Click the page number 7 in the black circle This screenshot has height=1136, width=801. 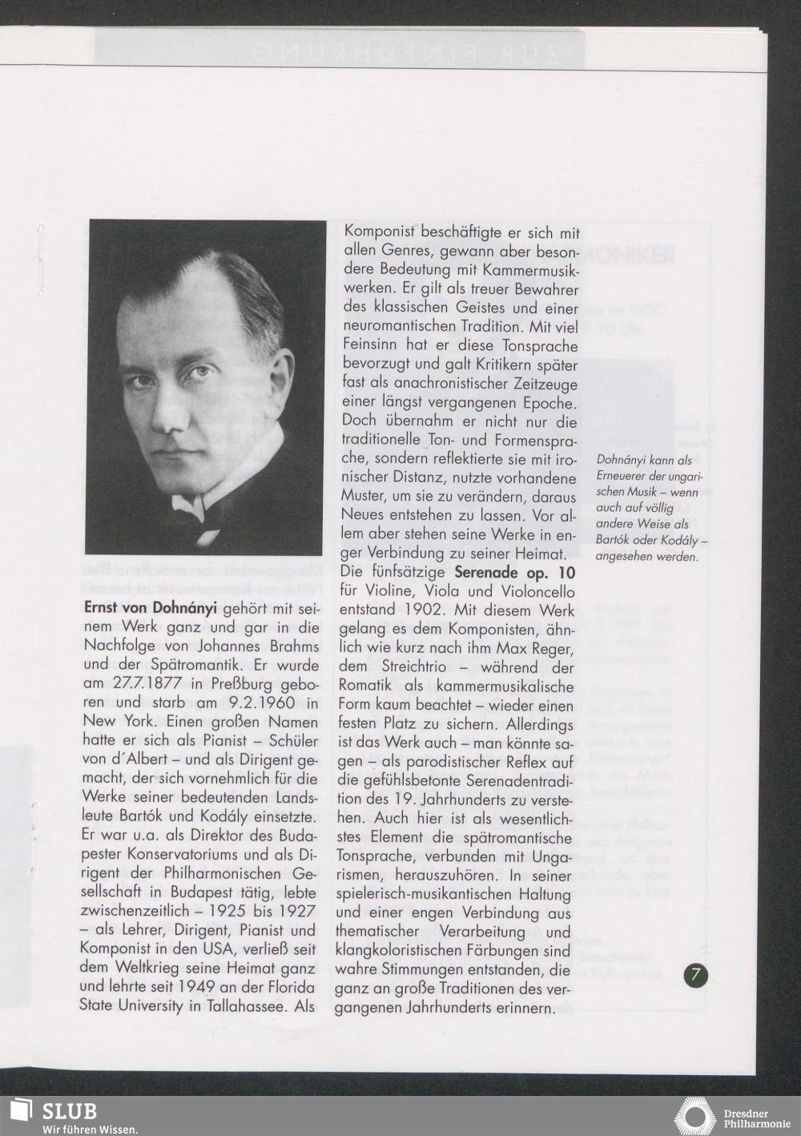coord(695,975)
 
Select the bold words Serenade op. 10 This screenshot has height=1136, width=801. coord(514,573)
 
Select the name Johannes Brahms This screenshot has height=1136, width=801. coord(261,646)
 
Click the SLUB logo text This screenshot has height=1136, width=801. coord(69,1111)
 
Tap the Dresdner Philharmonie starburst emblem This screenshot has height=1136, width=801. coord(695,1117)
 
